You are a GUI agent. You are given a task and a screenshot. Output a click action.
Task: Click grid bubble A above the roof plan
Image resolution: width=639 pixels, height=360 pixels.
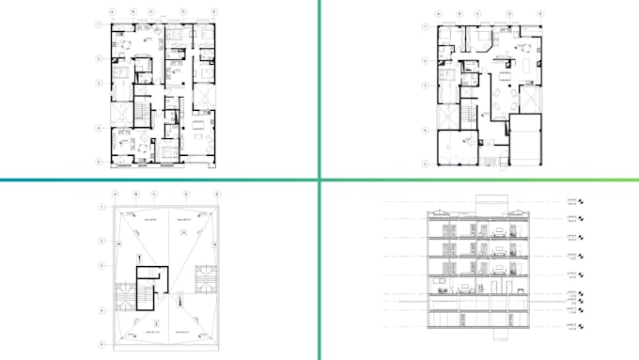(114, 194)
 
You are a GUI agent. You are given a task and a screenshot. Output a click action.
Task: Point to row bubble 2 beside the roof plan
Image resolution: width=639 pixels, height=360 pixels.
(99, 241)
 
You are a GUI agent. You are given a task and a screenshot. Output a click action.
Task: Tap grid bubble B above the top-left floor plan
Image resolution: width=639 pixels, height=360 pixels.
(133, 11)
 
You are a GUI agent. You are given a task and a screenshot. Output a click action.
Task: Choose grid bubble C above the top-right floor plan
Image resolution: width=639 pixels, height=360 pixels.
(478, 13)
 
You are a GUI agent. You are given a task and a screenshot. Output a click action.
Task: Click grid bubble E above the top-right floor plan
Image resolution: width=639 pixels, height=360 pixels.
(542, 13)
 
